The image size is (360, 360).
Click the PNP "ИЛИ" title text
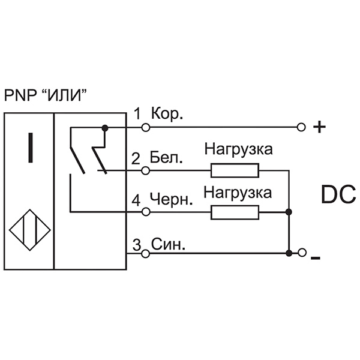pos(47,95)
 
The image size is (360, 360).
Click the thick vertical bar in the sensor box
pos(28,148)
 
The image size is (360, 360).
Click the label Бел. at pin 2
pos(167,158)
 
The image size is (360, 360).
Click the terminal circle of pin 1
pos(145,127)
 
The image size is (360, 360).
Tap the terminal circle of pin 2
pos(145,170)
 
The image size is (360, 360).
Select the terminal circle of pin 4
pos(145,212)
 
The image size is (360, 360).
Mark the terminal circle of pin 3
pos(145,253)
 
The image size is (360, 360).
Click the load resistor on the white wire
pos(235,170)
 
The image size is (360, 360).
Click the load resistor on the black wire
pos(235,212)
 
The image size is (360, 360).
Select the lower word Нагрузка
pos(238,192)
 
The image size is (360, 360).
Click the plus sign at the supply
pos(320,127)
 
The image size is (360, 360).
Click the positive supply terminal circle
pos(301,127)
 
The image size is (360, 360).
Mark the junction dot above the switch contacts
pos(105,127)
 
